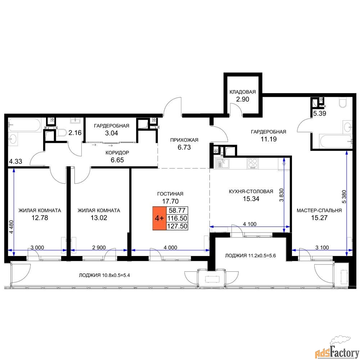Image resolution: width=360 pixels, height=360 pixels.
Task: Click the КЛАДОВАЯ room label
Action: point(242,92)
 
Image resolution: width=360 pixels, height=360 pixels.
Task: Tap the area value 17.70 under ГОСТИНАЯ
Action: point(170,201)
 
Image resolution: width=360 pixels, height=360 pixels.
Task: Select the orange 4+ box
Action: point(159,218)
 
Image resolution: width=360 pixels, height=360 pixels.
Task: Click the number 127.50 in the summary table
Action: point(177,226)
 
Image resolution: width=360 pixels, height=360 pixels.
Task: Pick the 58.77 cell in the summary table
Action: point(177,210)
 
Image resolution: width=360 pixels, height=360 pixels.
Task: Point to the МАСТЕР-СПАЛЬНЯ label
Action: point(319,211)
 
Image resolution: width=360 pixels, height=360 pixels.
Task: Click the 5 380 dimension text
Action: point(344,197)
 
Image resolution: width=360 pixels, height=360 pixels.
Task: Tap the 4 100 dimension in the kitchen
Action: point(249,224)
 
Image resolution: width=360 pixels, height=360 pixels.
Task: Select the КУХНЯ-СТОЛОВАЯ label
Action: point(251,192)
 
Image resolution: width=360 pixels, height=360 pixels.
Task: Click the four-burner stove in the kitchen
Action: point(253,164)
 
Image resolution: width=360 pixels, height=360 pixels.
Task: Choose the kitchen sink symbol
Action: point(221,164)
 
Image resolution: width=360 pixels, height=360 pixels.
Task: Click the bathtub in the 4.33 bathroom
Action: point(24,125)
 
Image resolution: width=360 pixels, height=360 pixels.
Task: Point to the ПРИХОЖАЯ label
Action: point(184,140)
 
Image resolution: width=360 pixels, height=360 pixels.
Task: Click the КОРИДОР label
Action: point(117,153)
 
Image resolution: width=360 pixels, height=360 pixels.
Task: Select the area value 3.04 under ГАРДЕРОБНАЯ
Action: point(112,133)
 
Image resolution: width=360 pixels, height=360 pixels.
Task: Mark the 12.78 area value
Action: point(40,218)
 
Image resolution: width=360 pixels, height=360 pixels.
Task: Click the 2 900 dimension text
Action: point(99,248)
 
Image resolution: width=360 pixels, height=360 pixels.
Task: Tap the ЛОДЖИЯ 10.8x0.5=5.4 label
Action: point(104,275)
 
